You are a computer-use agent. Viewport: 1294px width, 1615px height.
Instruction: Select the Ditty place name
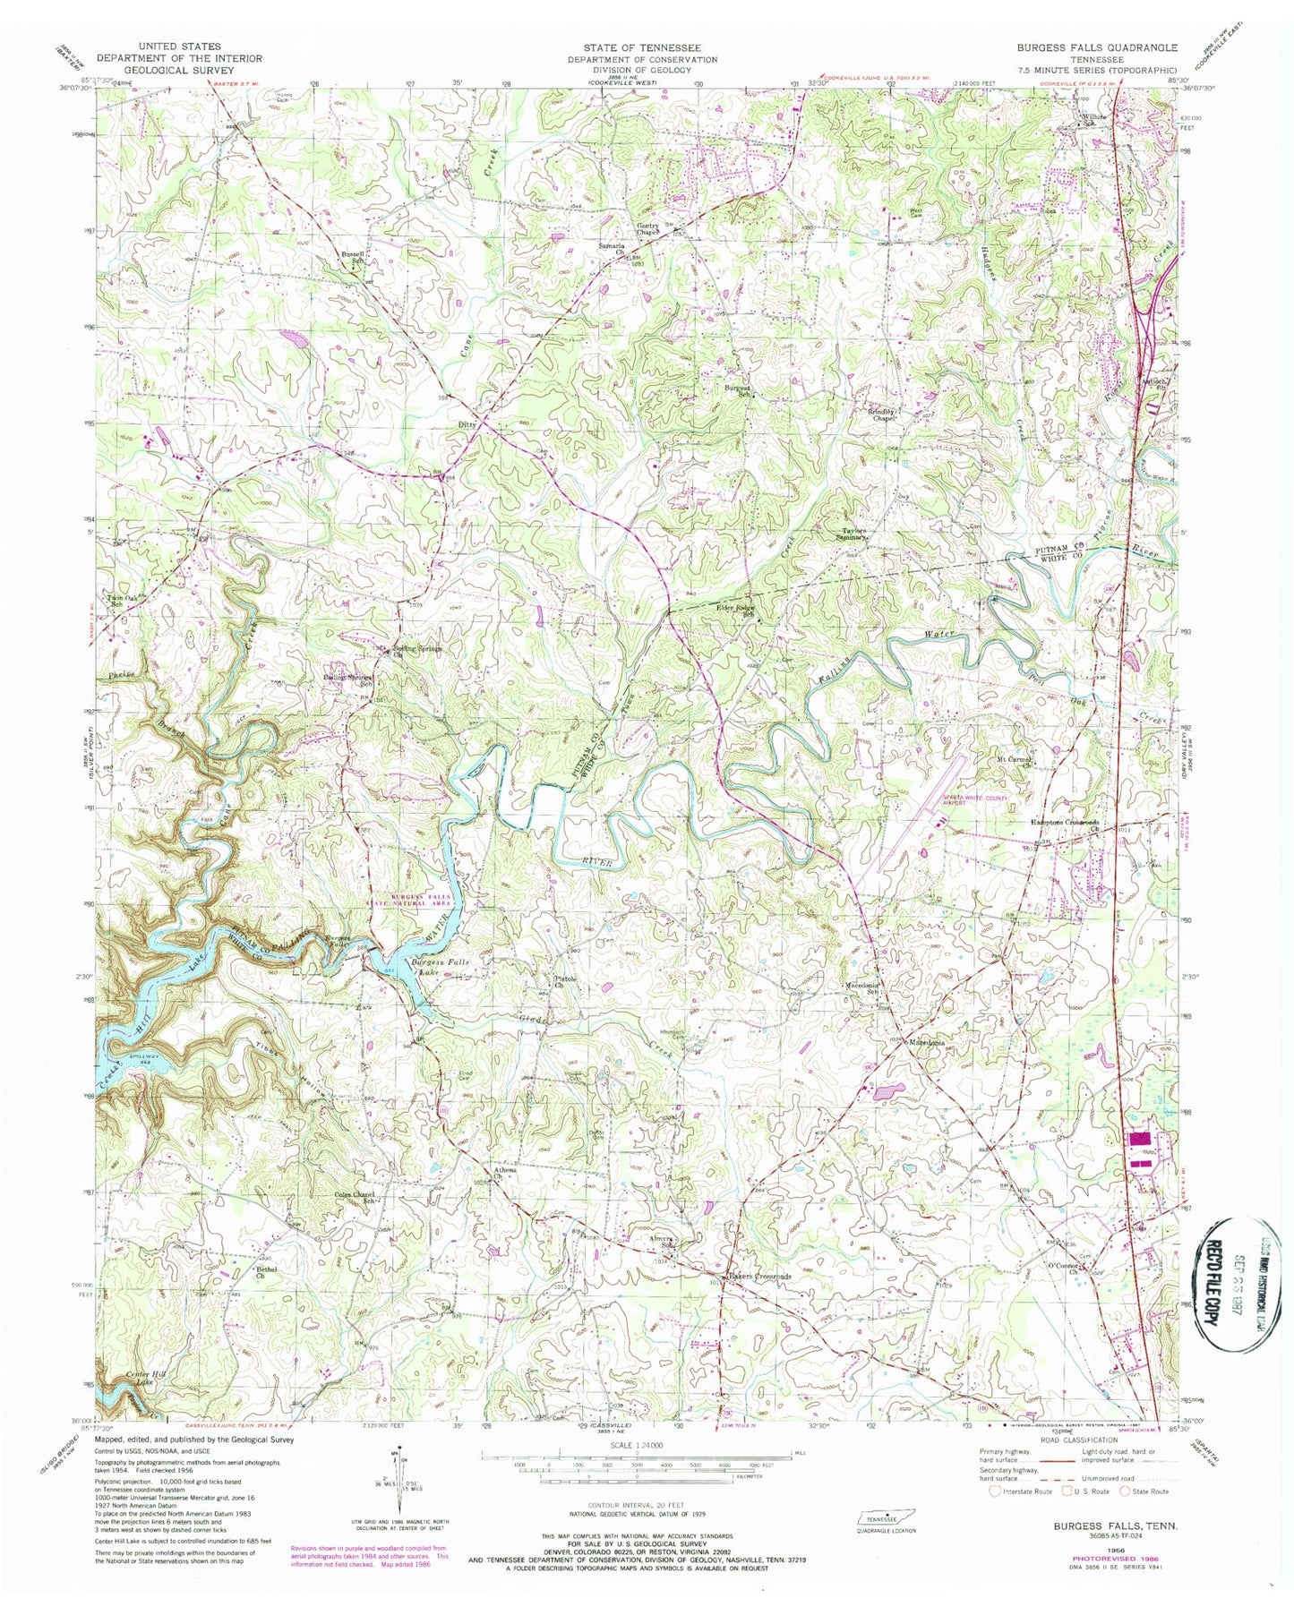pos(467,424)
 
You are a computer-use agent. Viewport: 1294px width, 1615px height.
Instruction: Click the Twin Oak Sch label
pos(116,602)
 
